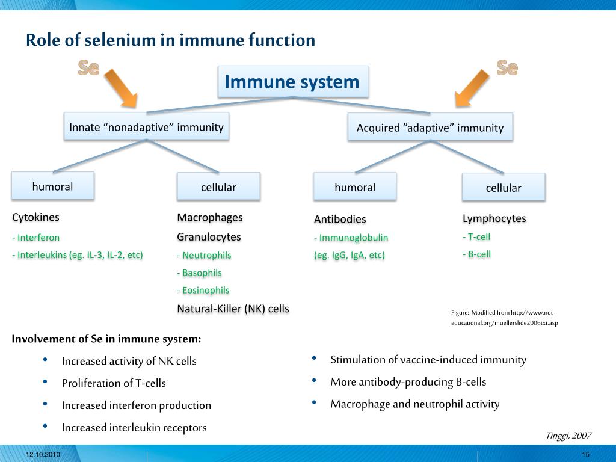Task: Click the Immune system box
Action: (292, 82)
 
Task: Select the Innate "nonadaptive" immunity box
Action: (146, 127)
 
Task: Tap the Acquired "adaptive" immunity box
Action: (430, 128)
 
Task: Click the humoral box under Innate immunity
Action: (53, 186)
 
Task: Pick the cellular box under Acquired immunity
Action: (504, 188)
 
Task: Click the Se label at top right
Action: (507, 68)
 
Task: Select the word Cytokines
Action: (36, 217)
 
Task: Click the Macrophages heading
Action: (210, 217)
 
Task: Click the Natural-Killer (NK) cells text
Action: (233, 309)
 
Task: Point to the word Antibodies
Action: (340, 219)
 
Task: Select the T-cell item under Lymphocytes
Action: (476, 236)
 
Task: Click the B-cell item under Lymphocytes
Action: (476, 254)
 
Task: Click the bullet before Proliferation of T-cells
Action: (46, 382)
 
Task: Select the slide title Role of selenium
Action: (170, 40)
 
